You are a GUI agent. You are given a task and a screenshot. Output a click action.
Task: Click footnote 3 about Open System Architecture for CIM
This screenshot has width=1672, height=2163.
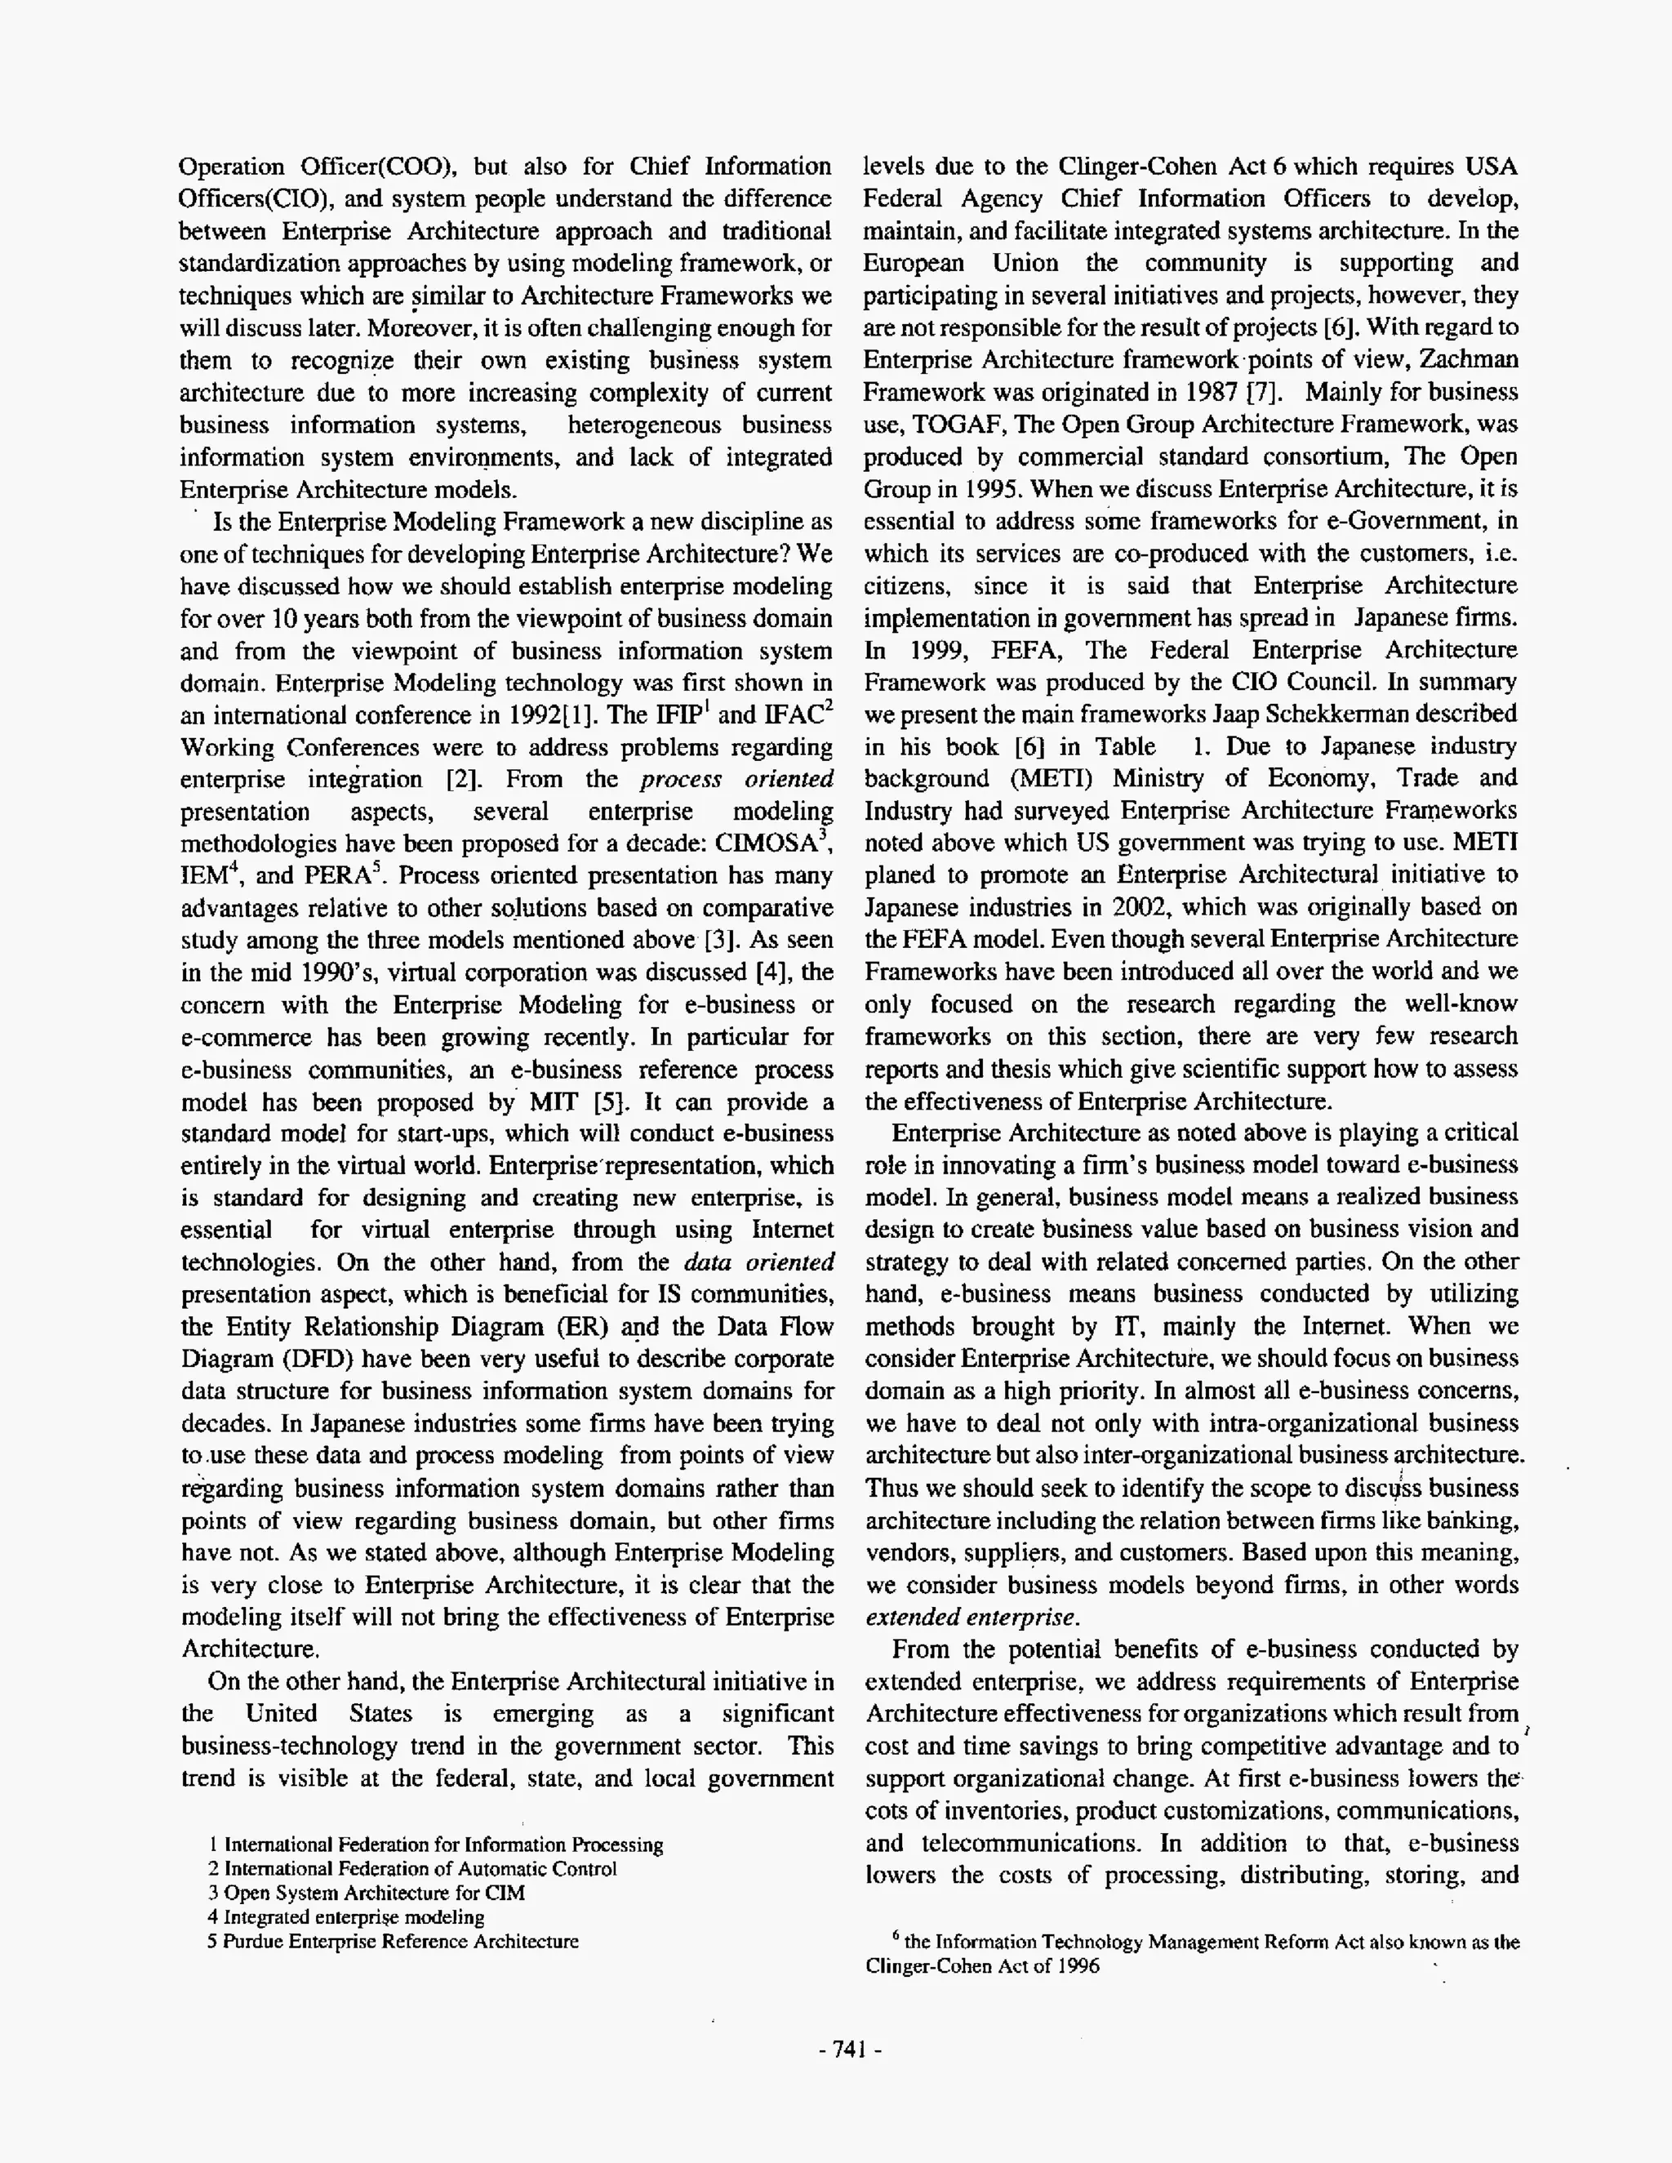pyautogui.click(x=366, y=1893)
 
